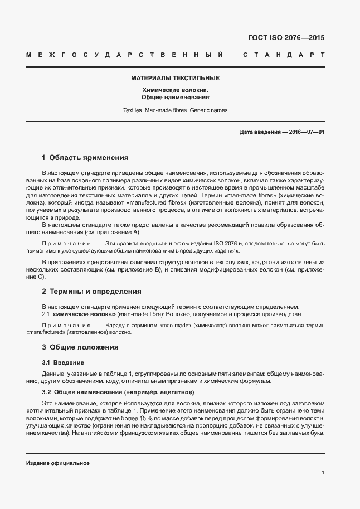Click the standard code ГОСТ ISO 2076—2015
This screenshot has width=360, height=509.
(x=286, y=38)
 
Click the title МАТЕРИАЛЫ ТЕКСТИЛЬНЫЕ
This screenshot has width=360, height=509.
(x=175, y=79)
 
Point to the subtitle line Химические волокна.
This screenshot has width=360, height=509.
(x=175, y=89)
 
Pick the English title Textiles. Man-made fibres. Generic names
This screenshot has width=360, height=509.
(x=175, y=110)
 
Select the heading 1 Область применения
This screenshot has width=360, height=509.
(x=85, y=158)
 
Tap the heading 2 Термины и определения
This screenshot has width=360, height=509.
(x=91, y=292)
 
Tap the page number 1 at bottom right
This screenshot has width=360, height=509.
(x=323, y=473)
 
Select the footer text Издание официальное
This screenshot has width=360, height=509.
(x=57, y=464)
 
